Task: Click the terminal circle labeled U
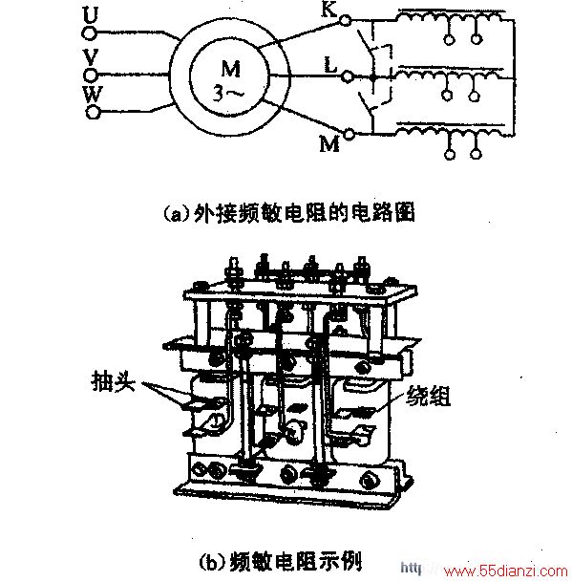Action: (x=89, y=33)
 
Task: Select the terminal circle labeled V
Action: (x=90, y=75)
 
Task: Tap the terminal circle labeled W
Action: (x=94, y=112)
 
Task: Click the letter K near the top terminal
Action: (x=329, y=9)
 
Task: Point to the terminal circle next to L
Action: (x=348, y=76)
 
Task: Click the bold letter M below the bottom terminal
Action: (x=329, y=143)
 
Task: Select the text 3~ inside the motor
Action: (x=228, y=93)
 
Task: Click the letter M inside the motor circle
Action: (x=231, y=69)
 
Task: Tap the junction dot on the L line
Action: (x=372, y=78)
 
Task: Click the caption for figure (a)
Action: (x=289, y=213)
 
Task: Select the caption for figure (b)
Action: (x=280, y=562)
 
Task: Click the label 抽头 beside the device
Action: (x=113, y=381)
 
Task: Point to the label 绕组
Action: (x=429, y=396)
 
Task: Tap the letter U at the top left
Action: (x=90, y=15)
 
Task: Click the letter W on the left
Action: (x=92, y=95)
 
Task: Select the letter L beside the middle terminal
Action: (x=329, y=64)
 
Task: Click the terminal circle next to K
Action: (x=345, y=20)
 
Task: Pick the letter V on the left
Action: (x=91, y=57)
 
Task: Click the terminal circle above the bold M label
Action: (x=349, y=134)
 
